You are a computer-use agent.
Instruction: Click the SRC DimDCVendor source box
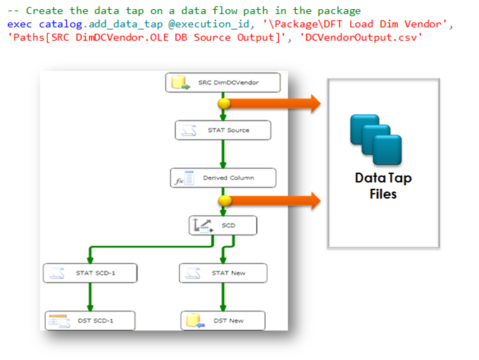(x=223, y=82)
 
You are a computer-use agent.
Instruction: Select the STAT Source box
(x=222, y=130)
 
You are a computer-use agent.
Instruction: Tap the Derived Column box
(x=223, y=178)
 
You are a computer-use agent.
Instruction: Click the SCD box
(x=222, y=225)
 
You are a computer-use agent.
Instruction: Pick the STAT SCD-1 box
(x=89, y=273)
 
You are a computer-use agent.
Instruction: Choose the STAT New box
(x=222, y=273)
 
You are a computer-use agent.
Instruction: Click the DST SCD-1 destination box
(x=90, y=321)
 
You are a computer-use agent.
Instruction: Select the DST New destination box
(x=223, y=321)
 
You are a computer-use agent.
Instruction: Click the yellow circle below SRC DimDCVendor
(x=223, y=104)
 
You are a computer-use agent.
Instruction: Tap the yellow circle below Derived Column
(x=223, y=201)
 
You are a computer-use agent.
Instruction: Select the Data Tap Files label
(x=383, y=185)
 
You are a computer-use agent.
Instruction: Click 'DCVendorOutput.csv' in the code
(x=361, y=37)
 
